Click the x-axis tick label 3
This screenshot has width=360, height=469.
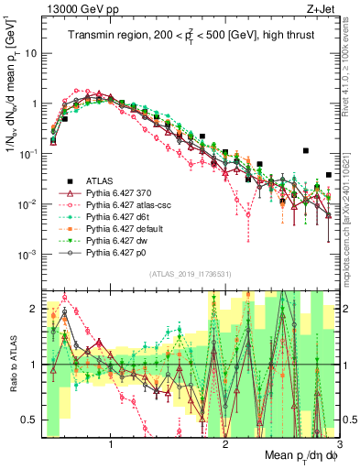pos(338,442)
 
